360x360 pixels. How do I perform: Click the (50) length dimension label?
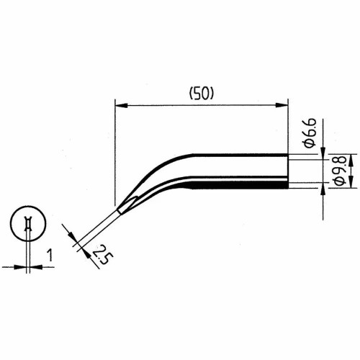[201, 94]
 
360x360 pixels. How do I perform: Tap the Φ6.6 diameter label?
[310, 132]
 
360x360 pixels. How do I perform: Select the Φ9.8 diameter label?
[340, 170]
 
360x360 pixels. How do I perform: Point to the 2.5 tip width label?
[103, 254]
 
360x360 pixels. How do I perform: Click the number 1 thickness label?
[50, 255]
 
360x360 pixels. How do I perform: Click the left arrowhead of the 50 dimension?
[121, 105]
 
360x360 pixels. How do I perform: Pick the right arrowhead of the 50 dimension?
[282, 105]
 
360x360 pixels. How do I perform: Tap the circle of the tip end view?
[28, 206]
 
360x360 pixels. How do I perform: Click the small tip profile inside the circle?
[28, 224]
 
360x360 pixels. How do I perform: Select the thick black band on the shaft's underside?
[240, 185]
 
